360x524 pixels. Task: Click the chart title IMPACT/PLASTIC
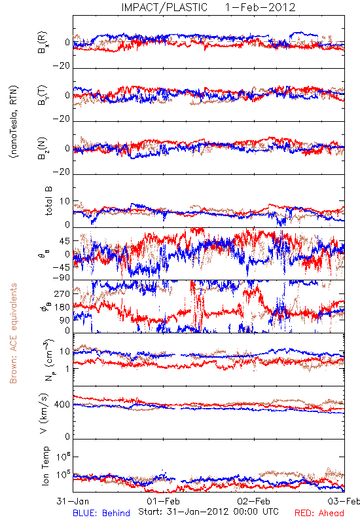click(164, 7)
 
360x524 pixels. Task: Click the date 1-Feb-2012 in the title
click(260, 7)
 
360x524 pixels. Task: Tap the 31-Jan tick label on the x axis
click(73, 501)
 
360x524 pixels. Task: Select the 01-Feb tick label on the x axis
click(163, 501)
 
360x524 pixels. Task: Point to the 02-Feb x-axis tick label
click(254, 501)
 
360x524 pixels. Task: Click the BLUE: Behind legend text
click(101, 513)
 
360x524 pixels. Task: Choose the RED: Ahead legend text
click(319, 513)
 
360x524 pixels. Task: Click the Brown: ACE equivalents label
click(13, 333)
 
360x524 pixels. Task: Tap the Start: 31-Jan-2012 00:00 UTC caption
click(208, 512)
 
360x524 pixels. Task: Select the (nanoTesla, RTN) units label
click(14, 122)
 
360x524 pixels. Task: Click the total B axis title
click(48, 201)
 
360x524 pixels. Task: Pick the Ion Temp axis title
click(45, 466)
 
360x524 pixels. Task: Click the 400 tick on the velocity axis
click(62, 405)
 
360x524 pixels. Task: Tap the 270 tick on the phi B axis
click(62, 293)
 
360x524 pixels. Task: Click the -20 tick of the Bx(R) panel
click(62, 66)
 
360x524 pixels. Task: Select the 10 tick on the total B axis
click(65, 201)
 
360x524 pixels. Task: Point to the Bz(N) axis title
click(43, 148)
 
